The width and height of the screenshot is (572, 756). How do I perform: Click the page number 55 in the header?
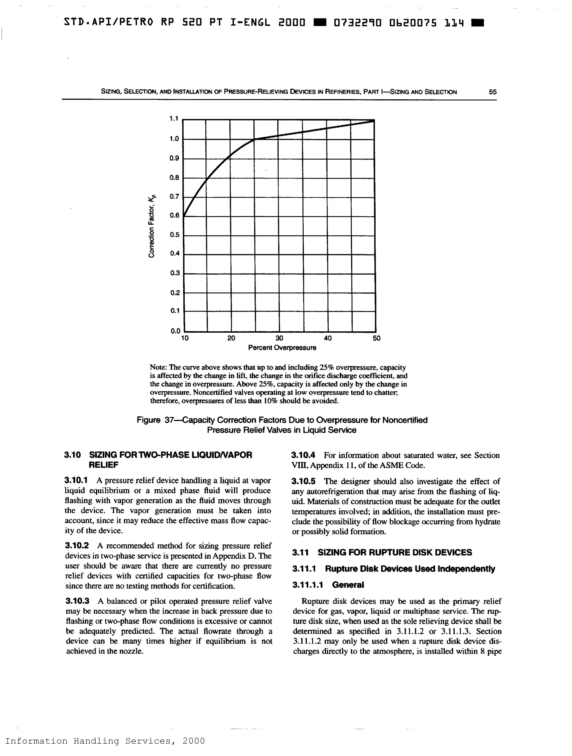click(x=492, y=92)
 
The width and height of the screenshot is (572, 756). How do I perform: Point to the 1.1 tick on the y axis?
click(x=174, y=119)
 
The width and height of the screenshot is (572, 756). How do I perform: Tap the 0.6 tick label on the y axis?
click(x=174, y=215)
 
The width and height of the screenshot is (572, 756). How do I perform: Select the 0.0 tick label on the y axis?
click(x=175, y=331)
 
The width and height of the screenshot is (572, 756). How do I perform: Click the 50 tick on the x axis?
click(x=376, y=338)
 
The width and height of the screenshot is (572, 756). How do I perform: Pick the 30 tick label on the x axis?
click(x=279, y=338)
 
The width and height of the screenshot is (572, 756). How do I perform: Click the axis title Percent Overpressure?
click(x=282, y=348)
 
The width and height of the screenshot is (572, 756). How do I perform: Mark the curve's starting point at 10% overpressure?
click(x=184, y=216)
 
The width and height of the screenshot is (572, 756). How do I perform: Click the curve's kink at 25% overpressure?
click(x=254, y=139)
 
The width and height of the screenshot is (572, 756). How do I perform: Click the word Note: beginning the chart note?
click(x=158, y=367)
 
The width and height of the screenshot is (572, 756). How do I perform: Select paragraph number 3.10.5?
click(x=303, y=481)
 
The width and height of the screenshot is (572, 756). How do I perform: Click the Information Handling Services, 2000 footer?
click(x=105, y=741)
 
